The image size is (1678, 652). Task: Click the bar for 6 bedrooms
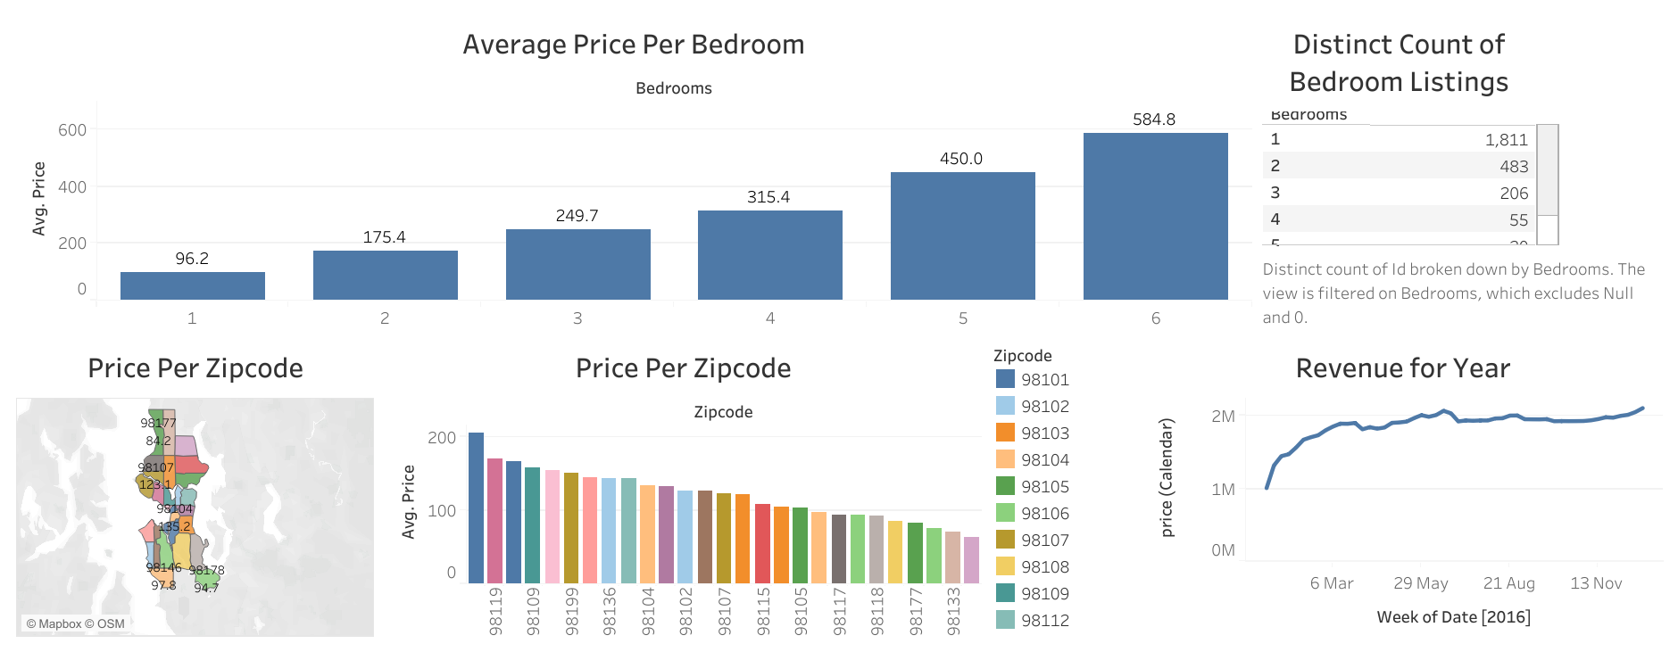pos(1155,216)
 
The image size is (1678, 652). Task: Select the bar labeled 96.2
pos(192,285)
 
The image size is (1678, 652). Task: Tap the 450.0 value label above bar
pos(961,159)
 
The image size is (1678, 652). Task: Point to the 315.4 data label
pos(768,197)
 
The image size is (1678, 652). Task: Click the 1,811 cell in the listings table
pos(1507,140)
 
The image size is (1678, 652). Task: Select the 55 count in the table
pos(1518,220)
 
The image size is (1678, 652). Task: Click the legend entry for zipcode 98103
pos(1044,433)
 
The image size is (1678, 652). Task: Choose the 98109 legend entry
pos(1044,594)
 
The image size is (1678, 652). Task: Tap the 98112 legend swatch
pos(1005,620)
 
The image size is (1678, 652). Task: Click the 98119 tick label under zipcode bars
pos(496,611)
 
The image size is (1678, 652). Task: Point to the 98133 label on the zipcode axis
pos(954,611)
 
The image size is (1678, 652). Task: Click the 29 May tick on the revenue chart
pos(1420,583)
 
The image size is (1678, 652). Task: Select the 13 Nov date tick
pos(1596,583)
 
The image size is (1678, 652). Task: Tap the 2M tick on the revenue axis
pos(1223,417)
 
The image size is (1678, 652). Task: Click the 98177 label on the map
pos(158,423)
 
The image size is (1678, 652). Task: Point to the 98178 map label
pos(206,571)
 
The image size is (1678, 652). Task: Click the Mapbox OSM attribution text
pos(75,624)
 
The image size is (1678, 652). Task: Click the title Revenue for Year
pos(1402,368)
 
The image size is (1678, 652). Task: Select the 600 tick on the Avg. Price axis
pos(72,130)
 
